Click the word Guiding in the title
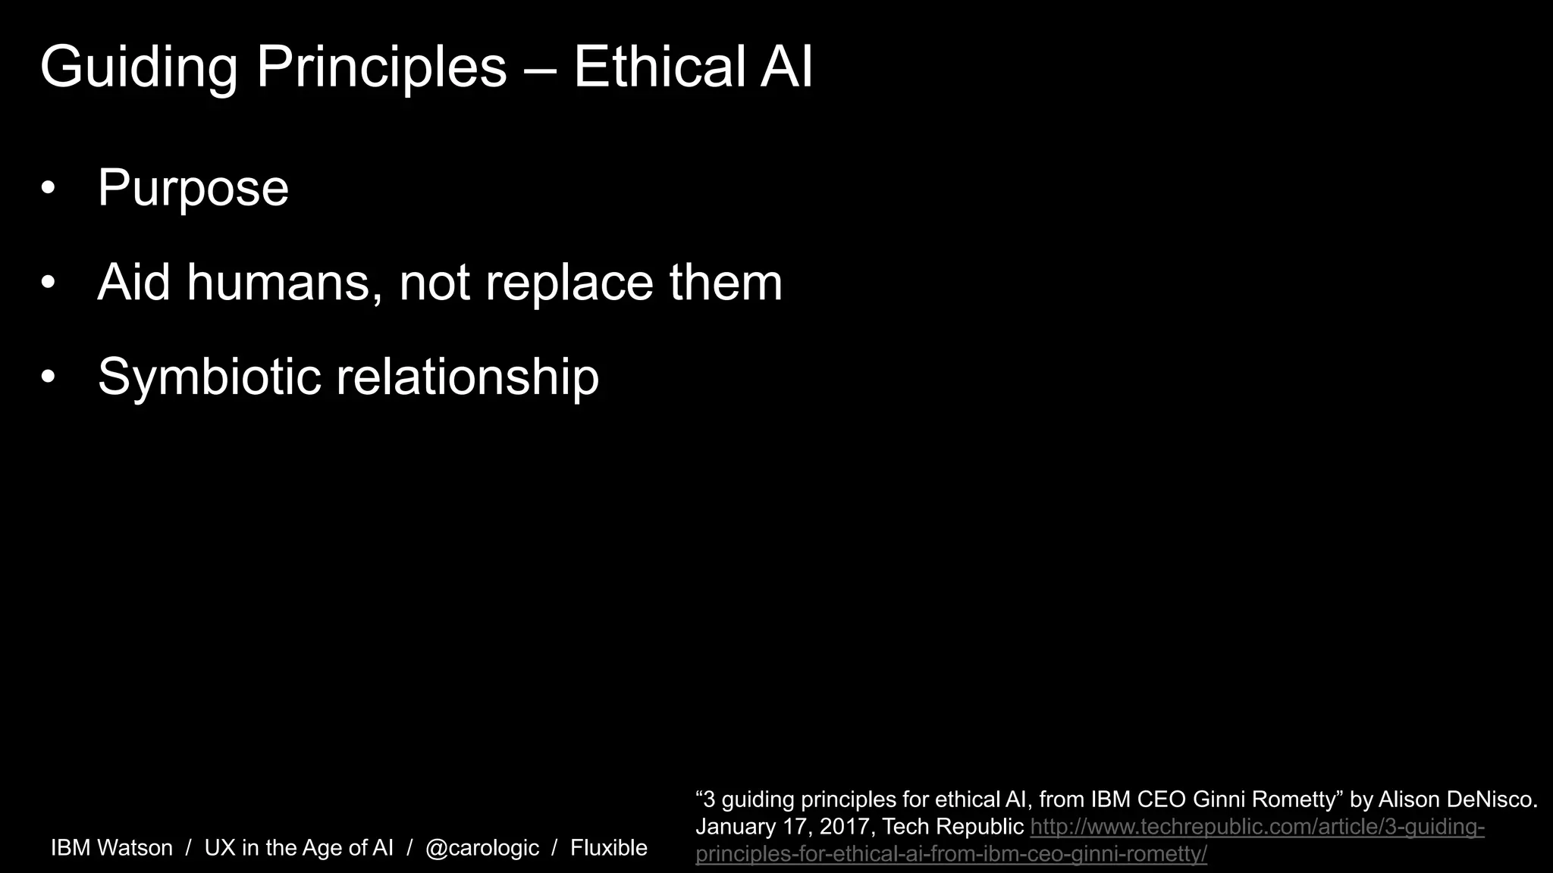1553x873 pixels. (139, 68)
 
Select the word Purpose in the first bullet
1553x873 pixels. (193, 188)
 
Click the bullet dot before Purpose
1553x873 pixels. (49, 189)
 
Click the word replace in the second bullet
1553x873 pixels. (569, 283)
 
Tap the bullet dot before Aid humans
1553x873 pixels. (49, 283)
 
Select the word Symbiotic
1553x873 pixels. (210, 377)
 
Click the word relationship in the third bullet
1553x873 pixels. (467, 377)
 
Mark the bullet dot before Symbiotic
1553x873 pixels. (49, 377)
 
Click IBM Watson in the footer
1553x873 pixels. (111, 848)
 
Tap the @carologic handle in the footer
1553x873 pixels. (482, 848)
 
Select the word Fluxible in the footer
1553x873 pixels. (609, 848)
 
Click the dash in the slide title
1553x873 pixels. (540, 68)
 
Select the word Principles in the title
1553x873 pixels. (381, 68)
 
